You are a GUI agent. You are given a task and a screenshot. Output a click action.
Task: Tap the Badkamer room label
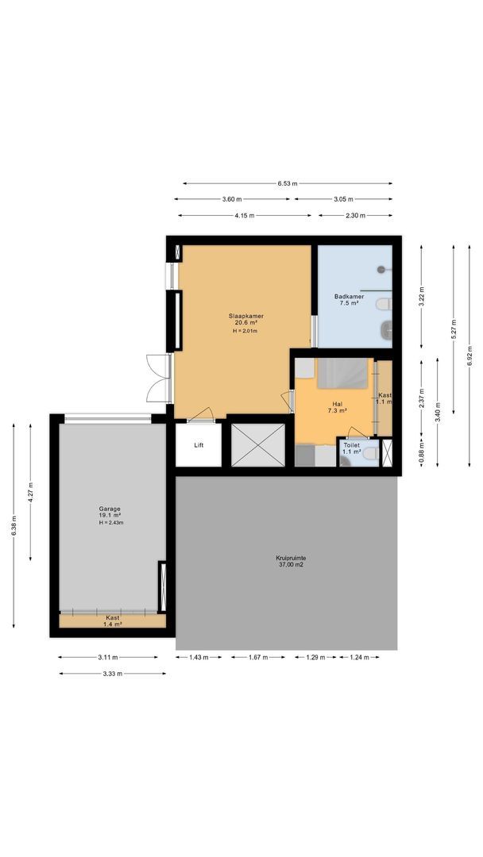pos(350,296)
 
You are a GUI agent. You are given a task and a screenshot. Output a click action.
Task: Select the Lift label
pos(199,445)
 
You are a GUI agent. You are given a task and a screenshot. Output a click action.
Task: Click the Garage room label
pos(110,509)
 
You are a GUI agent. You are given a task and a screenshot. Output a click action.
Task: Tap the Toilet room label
pos(351,446)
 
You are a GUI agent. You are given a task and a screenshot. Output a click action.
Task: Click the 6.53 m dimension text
pos(288,183)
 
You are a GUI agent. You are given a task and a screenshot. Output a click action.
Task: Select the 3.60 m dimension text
pos(232,199)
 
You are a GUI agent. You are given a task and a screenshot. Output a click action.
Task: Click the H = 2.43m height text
pos(111,523)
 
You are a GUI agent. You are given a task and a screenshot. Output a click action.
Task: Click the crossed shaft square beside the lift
pos(257,444)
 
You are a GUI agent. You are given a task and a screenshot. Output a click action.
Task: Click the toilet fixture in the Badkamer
pos(384,304)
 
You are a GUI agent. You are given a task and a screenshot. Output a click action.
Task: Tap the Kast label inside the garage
pos(113,617)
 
